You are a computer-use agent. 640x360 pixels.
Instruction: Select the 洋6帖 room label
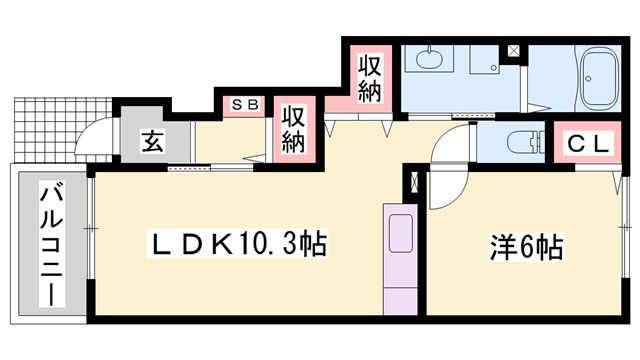(526, 244)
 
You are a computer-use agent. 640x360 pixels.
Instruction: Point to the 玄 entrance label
(150, 141)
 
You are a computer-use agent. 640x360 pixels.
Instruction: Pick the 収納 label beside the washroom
(370, 77)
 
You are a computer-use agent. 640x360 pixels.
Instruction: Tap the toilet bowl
(520, 142)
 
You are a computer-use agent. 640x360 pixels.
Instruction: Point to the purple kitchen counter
(401, 262)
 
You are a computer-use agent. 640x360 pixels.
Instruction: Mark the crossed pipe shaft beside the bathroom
(513, 50)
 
